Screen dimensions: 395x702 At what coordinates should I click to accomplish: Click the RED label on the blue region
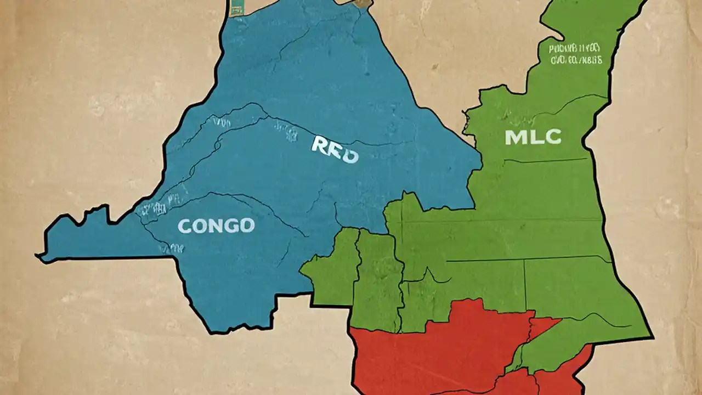pos(335,150)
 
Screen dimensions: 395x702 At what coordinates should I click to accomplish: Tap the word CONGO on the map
pos(216,225)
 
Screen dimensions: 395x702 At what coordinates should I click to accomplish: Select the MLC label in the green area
pos(533,137)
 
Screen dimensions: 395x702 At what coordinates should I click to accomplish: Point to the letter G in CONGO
pos(230,225)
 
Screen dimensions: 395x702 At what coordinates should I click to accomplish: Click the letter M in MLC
pos(516,137)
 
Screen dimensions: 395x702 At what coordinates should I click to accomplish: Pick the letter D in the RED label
pos(349,154)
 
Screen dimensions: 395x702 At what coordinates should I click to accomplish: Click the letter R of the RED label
pos(320,145)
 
